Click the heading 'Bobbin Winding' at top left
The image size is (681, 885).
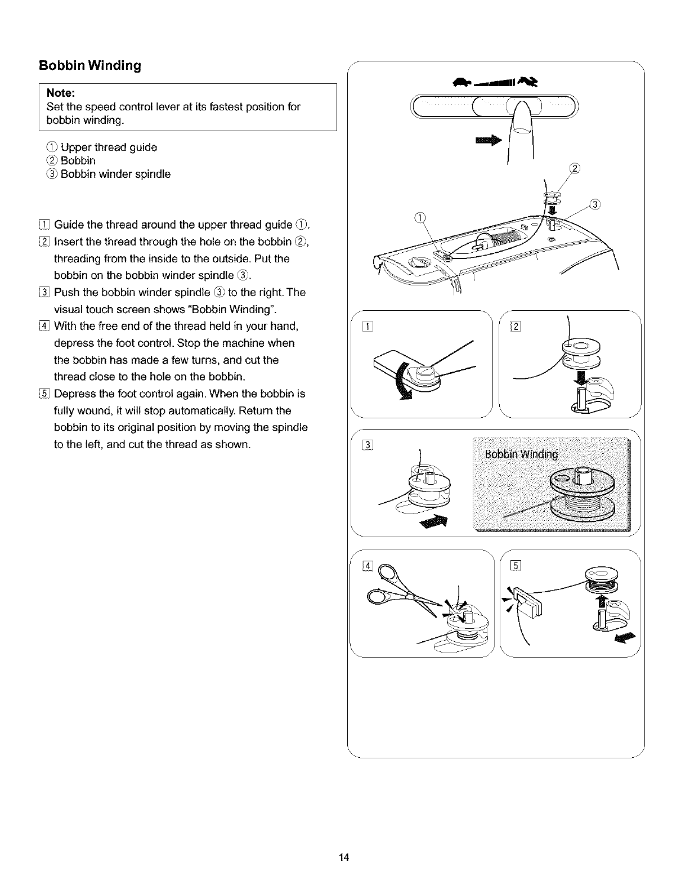(x=89, y=66)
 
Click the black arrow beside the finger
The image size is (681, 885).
(x=488, y=141)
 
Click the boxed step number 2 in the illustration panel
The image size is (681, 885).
(x=514, y=325)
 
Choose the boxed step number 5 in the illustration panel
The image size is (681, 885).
(x=514, y=566)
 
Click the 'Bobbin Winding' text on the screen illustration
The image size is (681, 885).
(x=521, y=455)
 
